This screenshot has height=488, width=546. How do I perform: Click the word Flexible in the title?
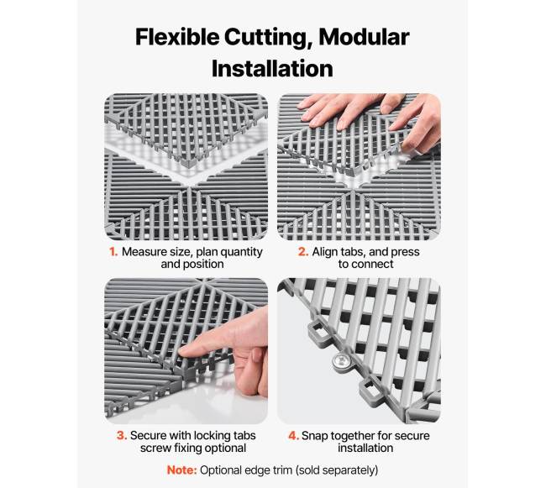177,37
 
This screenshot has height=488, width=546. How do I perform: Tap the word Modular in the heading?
364,37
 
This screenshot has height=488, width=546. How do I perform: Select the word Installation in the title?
272,69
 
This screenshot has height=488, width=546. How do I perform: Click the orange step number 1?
113,252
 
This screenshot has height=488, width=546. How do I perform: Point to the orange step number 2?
303,252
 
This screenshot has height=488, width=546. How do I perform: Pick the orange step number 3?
122,435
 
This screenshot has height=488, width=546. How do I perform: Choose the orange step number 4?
293,435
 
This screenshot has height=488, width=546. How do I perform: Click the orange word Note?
182,470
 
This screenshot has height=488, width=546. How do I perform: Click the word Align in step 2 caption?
325,252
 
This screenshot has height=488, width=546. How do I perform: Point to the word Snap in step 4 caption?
315,436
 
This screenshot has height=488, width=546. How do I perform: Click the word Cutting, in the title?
269,38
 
